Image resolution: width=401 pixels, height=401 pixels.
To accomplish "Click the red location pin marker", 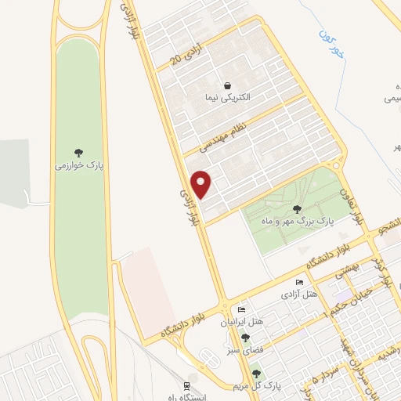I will coord(202,184).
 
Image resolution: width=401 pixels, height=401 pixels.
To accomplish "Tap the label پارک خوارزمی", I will coord(79,166).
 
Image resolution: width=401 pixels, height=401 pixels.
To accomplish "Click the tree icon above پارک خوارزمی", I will coord(79,152).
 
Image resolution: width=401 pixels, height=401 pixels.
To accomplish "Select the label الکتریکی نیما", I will coord(226,100).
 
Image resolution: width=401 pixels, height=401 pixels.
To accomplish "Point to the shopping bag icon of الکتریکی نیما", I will coord(227,85).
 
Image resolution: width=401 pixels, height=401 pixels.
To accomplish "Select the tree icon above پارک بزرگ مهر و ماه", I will coord(296,208).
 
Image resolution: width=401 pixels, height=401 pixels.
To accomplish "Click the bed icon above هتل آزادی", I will coord(298,282).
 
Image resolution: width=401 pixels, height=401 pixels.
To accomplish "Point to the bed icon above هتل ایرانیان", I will coord(242,309).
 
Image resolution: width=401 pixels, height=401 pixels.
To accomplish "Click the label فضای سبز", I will coord(246,350).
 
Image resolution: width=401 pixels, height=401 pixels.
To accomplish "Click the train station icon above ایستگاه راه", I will coord(186,385).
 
